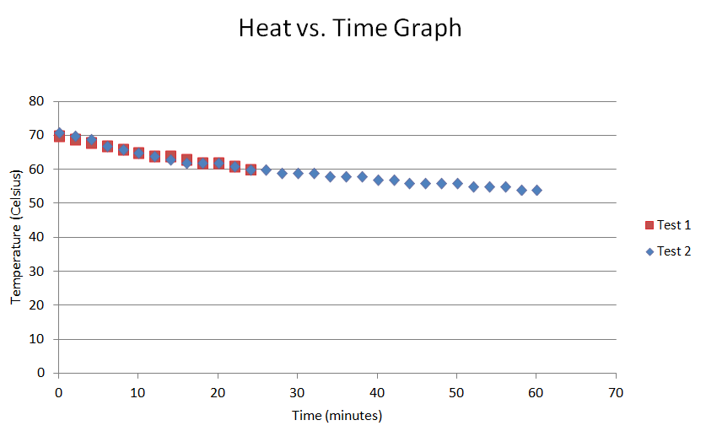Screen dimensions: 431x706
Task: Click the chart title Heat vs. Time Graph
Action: click(x=350, y=28)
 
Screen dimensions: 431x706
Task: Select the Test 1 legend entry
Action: click(x=667, y=225)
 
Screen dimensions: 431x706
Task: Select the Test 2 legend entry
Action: click(x=667, y=251)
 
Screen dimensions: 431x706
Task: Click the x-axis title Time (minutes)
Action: click(x=337, y=416)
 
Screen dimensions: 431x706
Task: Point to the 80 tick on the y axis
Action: click(x=36, y=101)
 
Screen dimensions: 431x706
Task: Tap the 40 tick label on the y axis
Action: click(x=36, y=237)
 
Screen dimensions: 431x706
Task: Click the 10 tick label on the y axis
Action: click(x=36, y=339)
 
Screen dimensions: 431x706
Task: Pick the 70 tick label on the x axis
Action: click(x=616, y=391)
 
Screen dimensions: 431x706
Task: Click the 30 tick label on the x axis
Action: click(x=298, y=391)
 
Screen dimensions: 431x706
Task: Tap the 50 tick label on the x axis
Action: click(x=457, y=391)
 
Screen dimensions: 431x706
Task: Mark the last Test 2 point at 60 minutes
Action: click(x=536, y=190)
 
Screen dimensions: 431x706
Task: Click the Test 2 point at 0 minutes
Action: click(x=59, y=132)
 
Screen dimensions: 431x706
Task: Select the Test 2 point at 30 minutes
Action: click(x=298, y=173)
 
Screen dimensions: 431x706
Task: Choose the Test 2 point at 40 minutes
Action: click(x=378, y=180)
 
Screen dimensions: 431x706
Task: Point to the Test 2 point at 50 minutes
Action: click(x=457, y=183)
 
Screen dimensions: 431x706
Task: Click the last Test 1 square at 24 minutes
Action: click(x=251, y=170)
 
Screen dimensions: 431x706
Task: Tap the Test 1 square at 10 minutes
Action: click(x=138, y=153)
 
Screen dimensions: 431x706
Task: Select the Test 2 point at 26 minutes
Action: click(x=266, y=170)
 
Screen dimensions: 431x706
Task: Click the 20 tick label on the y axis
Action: click(x=36, y=305)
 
